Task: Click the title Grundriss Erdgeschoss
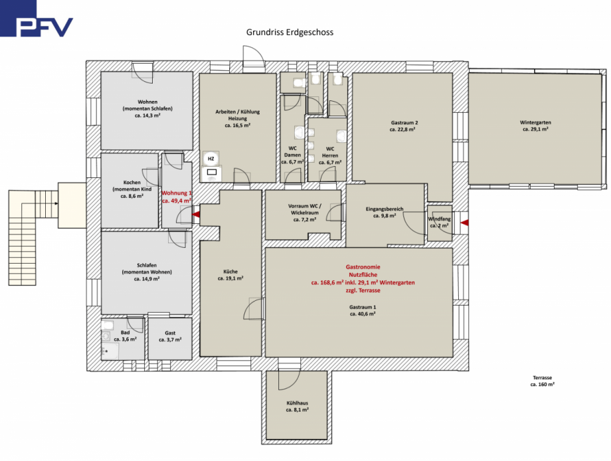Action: click(290, 32)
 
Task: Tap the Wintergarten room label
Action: click(535, 126)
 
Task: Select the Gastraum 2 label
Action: click(402, 126)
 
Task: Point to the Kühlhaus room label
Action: click(297, 407)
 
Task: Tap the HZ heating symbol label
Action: click(211, 159)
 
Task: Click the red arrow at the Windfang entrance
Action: click(464, 223)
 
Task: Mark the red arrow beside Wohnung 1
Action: click(196, 214)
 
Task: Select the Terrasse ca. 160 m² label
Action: click(542, 381)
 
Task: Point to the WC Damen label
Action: click(292, 155)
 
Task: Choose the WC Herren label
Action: click(330, 155)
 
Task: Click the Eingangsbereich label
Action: click(385, 212)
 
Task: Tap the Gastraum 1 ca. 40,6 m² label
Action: click(363, 310)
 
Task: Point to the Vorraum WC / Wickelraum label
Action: click(304, 213)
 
